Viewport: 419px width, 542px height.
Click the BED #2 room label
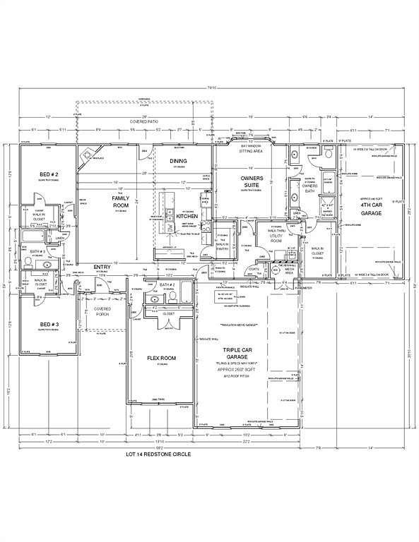(x=48, y=174)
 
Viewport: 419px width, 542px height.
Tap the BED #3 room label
(x=48, y=325)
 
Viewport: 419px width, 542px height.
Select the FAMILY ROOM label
(x=121, y=203)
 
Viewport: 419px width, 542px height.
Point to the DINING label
(x=179, y=162)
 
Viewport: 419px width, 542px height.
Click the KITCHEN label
(x=187, y=216)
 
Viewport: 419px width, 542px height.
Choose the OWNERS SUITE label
(x=252, y=182)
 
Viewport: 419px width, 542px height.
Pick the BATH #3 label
(x=37, y=251)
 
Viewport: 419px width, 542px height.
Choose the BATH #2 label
(x=167, y=285)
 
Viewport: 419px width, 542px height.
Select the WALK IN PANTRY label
(x=224, y=246)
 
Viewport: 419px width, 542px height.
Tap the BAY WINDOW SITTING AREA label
(x=252, y=148)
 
